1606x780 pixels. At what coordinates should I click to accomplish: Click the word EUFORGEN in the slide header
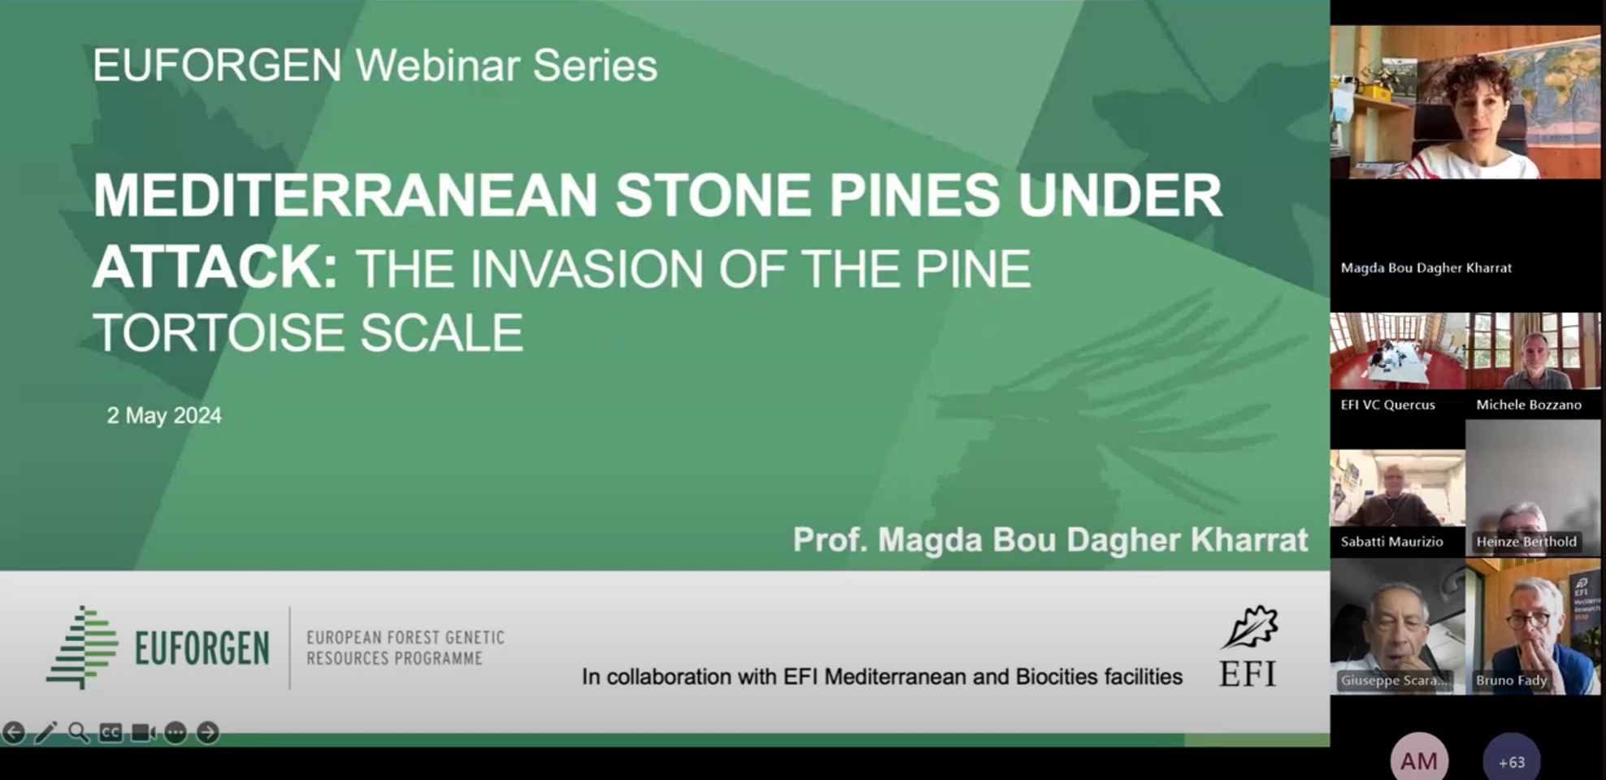pos(217,65)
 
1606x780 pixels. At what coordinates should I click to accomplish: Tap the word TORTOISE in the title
pos(220,333)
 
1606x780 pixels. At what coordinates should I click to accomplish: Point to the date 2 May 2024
pos(164,415)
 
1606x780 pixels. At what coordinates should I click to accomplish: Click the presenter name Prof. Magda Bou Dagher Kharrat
pos(1050,540)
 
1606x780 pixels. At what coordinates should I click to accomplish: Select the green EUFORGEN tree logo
pos(82,647)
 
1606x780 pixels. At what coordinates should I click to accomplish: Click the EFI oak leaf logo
pos(1250,627)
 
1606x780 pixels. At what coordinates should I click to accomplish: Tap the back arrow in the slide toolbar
pos(14,732)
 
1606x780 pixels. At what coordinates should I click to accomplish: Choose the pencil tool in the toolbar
pos(46,732)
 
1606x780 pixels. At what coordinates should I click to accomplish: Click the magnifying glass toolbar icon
pos(78,732)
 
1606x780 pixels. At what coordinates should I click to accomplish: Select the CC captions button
pos(111,732)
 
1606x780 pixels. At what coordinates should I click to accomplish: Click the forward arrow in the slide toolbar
pos(208,732)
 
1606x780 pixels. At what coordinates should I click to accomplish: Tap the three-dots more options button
pos(176,732)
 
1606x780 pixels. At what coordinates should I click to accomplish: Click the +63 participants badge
pos(1511,761)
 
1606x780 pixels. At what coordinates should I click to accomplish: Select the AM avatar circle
pos(1419,760)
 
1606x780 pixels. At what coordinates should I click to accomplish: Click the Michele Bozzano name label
pos(1529,405)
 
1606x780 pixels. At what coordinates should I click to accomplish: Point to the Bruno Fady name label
pos(1511,680)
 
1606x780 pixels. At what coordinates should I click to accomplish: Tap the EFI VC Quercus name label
pos(1387,405)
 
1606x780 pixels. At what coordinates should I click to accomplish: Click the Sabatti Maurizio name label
pos(1391,542)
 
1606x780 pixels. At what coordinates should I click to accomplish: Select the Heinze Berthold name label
pos(1526,542)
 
